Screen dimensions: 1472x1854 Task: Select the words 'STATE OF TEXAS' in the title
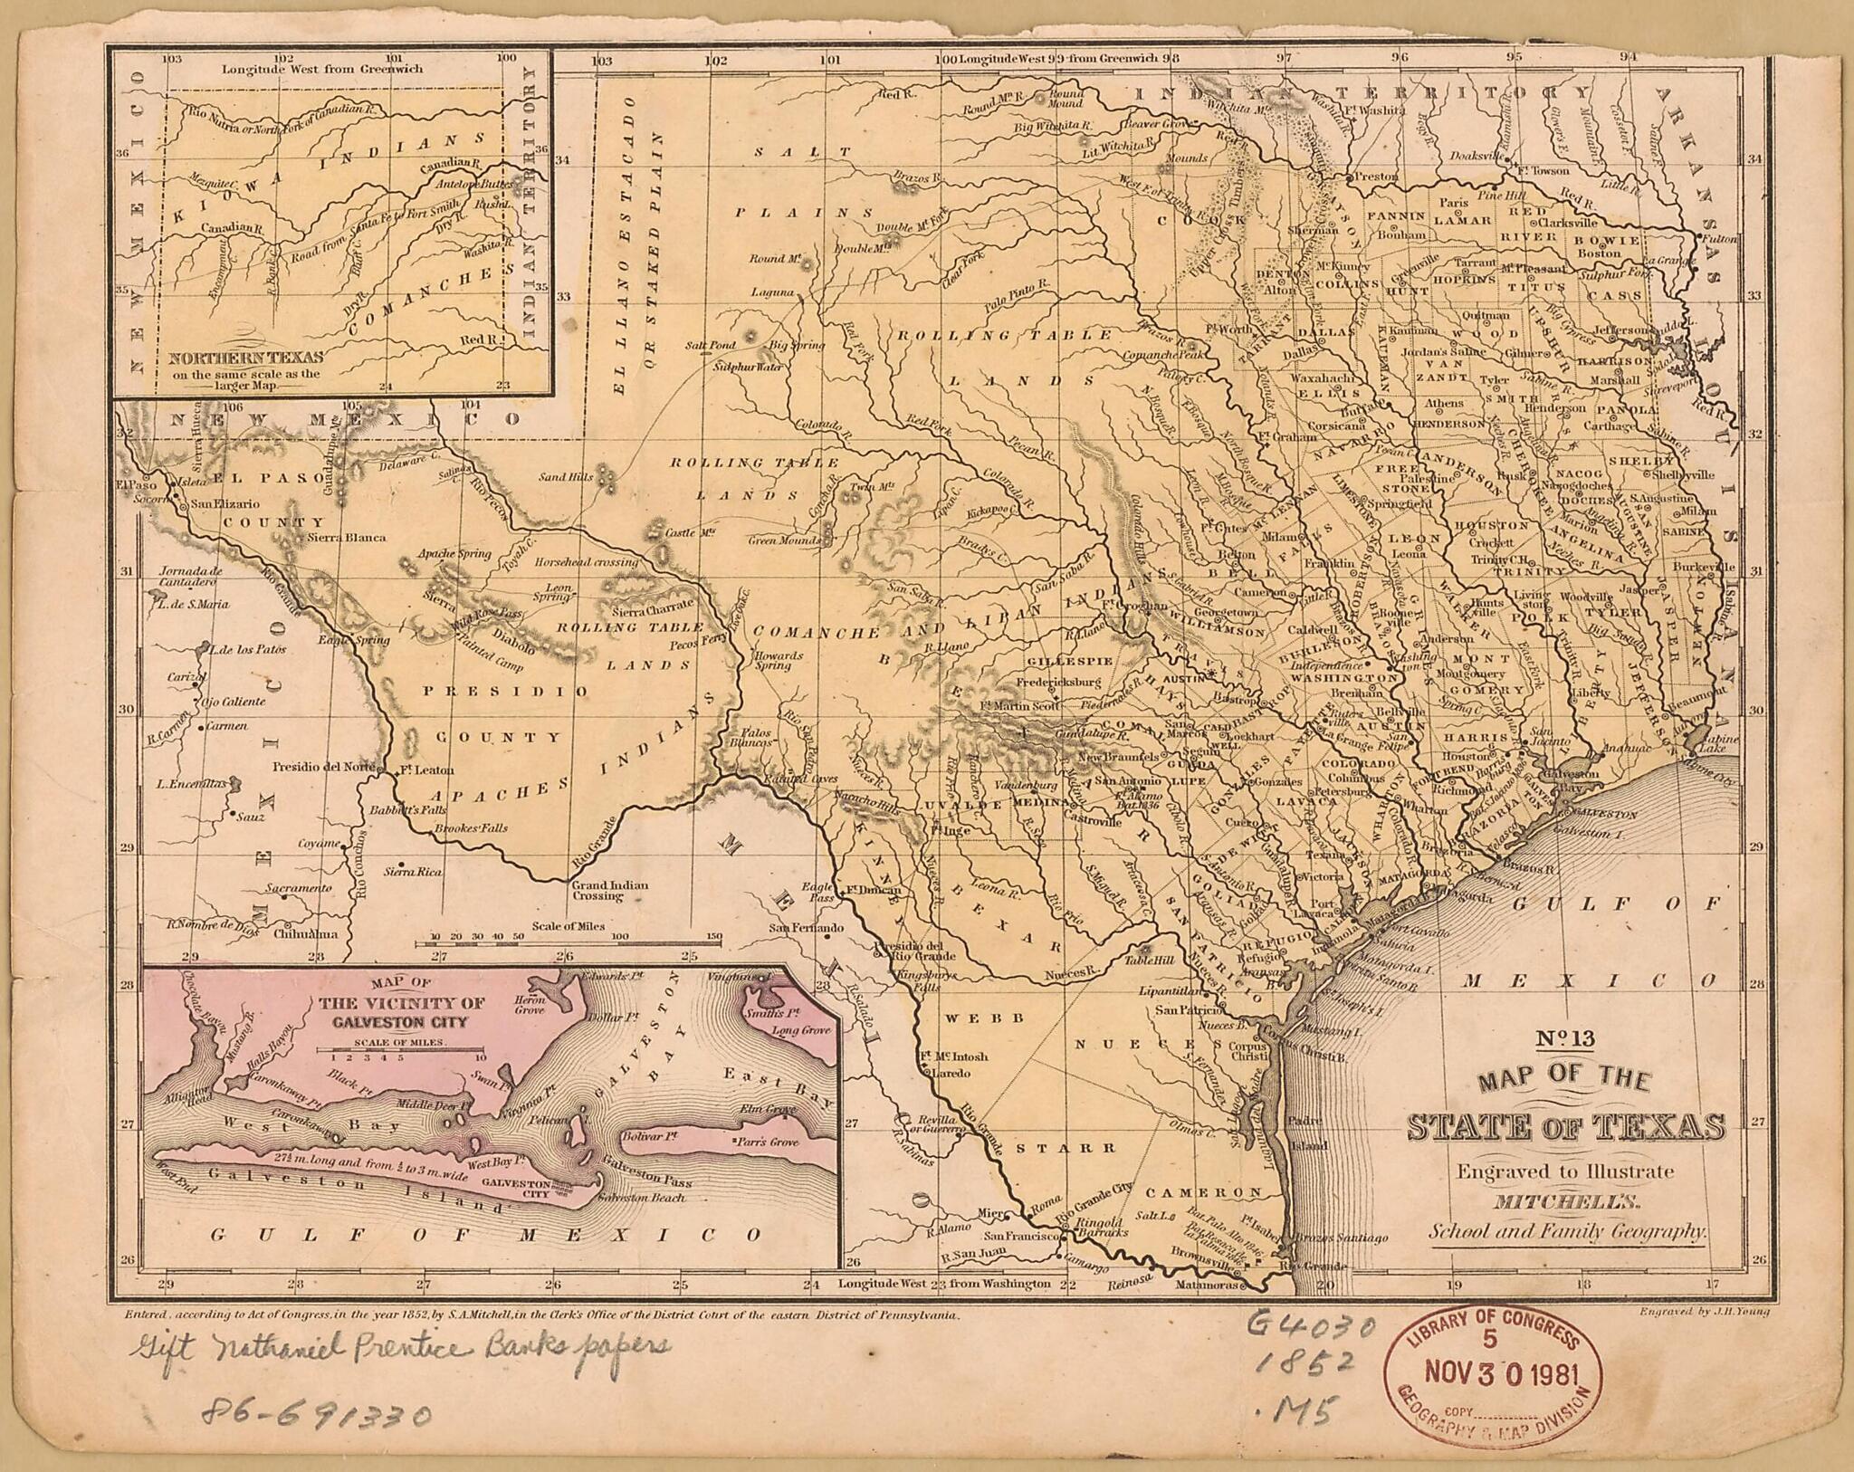[1566, 1127]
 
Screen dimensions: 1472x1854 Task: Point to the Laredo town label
[945, 1073]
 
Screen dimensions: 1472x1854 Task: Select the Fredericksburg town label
[1058, 682]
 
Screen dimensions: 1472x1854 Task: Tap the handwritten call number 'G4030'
[1311, 1329]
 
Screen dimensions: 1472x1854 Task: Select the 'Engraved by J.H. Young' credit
[1703, 1310]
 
